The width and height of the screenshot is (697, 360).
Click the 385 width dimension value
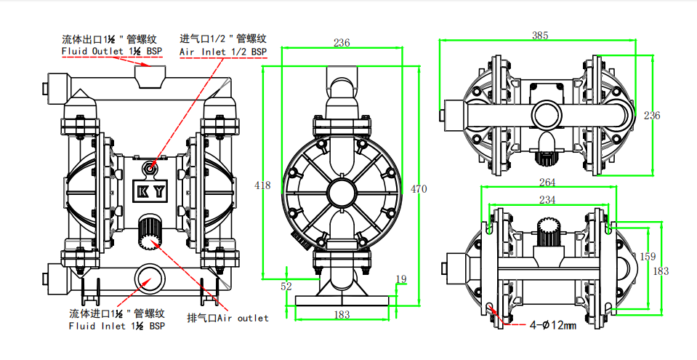coord(540,35)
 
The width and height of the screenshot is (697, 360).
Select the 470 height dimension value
coord(419,189)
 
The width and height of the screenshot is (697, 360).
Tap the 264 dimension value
coord(547,182)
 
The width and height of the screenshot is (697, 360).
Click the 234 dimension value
coord(547,199)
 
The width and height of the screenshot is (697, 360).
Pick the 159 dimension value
coord(648,256)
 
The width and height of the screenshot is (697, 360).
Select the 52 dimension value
coord(286,286)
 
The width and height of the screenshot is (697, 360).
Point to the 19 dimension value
coord(401,279)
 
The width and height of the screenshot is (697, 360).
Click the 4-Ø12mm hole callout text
coord(552,325)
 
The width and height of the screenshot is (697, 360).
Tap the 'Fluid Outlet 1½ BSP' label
coord(113,52)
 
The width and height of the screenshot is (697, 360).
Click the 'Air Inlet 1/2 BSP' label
coord(222,52)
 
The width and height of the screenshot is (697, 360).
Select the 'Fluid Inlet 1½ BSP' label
coord(117,327)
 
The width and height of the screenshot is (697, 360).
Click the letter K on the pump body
coord(142,192)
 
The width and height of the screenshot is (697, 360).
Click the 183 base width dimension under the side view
coord(342,314)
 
